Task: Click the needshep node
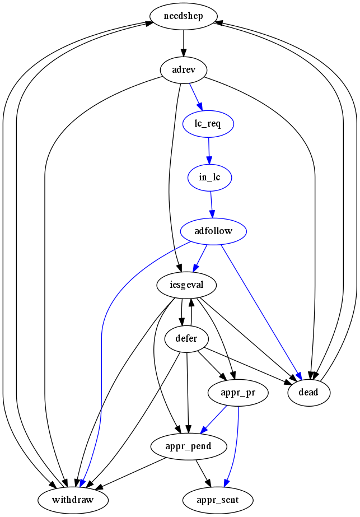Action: (x=183, y=16)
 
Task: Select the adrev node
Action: (x=183, y=69)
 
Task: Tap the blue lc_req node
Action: (x=208, y=123)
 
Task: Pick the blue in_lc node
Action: (x=209, y=177)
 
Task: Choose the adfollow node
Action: (x=213, y=231)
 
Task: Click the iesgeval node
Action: (x=186, y=285)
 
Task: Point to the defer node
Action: (x=187, y=338)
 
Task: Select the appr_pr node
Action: (x=239, y=393)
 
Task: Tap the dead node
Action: (x=308, y=393)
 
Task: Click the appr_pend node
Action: (x=189, y=446)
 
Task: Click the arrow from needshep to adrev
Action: (x=183, y=43)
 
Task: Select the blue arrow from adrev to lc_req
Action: (x=196, y=96)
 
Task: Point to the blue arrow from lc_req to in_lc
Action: (x=209, y=150)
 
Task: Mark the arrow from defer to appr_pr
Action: (x=211, y=365)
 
